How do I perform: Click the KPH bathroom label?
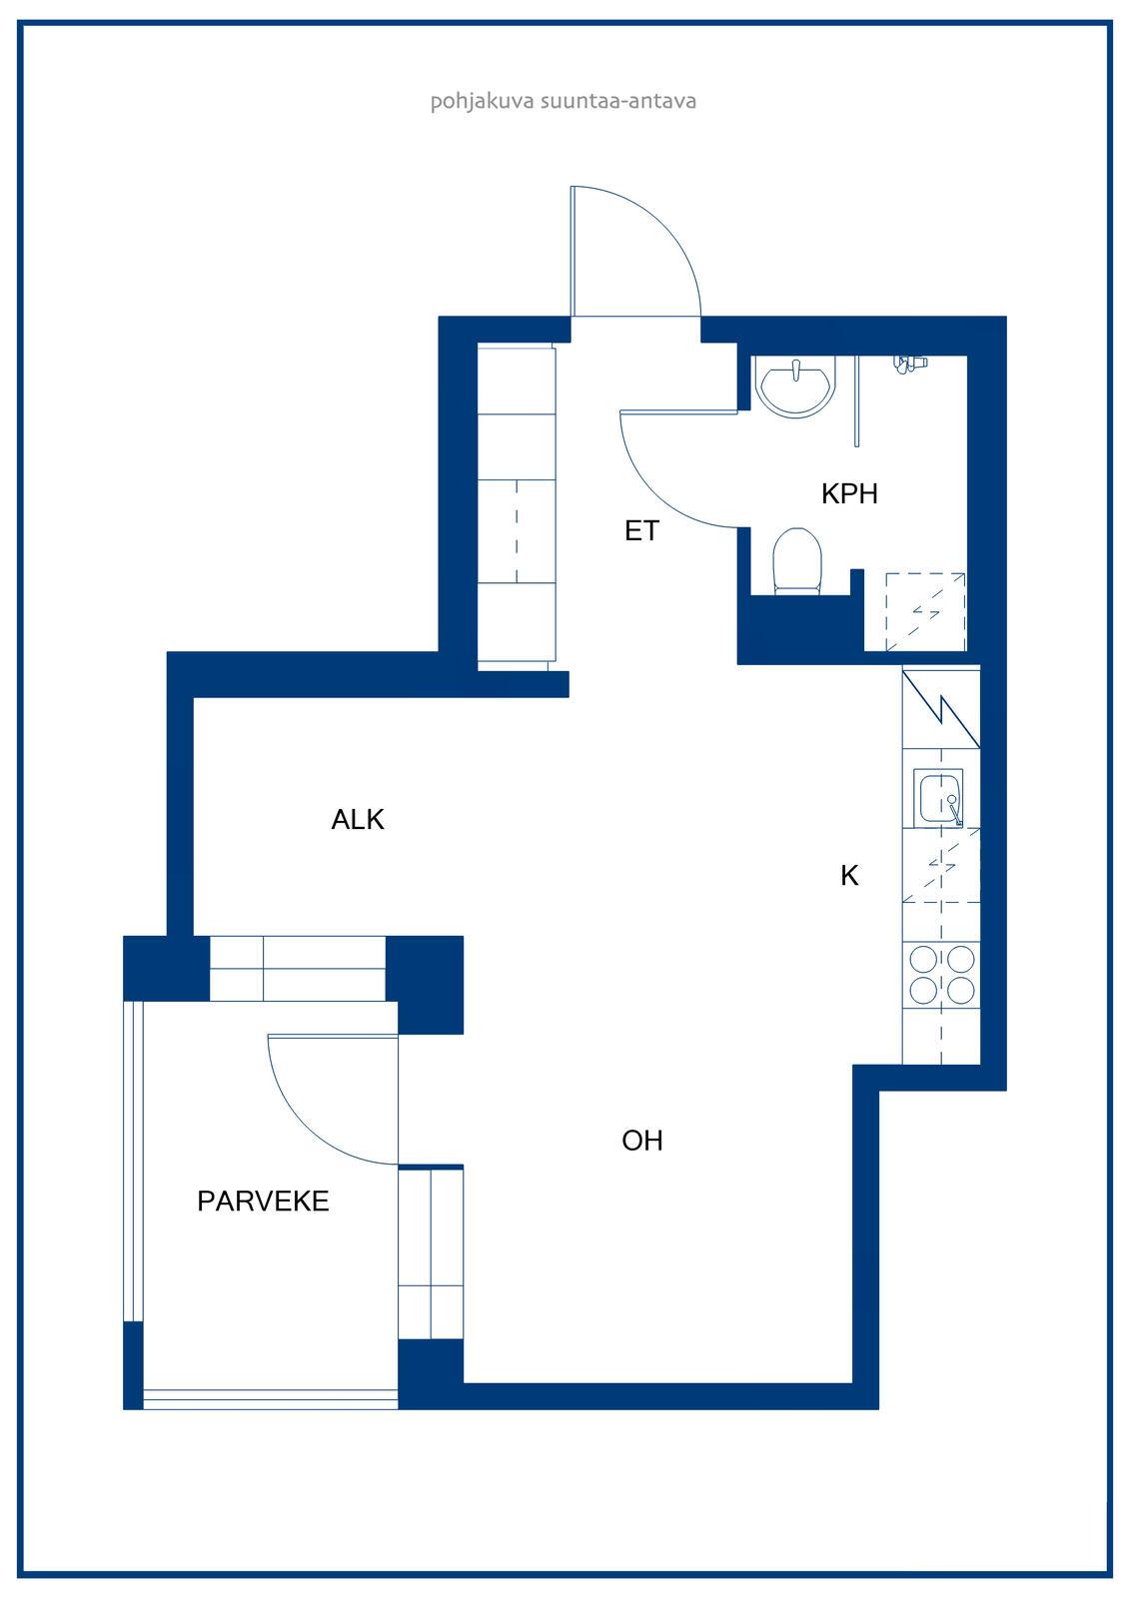point(849,493)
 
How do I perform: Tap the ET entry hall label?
point(641,530)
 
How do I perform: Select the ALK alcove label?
point(358,820)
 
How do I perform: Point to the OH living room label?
point(642,1141)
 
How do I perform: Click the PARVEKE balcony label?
point(263,1201)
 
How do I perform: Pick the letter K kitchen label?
point(849,875)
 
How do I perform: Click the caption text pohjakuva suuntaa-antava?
point(564,101)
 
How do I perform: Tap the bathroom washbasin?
point(795,387)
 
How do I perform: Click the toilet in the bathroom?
point(797,560)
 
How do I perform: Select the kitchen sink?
point(939,798)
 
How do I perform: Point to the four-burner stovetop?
point(941,975)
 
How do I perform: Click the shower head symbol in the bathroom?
point(909,364)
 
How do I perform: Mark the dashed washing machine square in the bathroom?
point(926,611)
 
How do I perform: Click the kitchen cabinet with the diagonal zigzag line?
point(941,708)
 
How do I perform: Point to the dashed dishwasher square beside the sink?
point(941,865)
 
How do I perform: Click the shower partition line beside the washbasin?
point(856,400)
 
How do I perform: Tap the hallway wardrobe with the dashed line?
point(517,530)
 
